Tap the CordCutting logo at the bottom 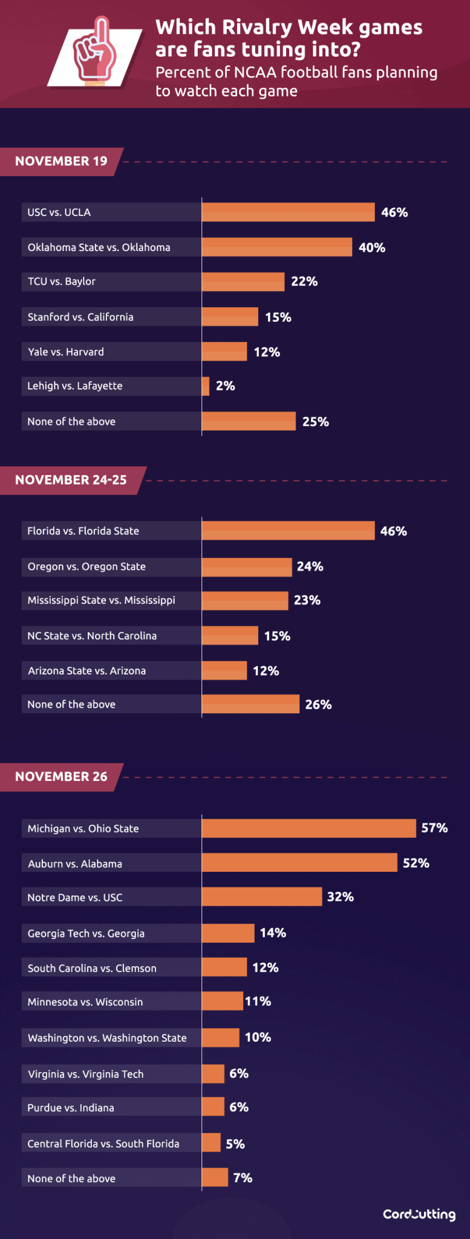click(x=419, y=1214)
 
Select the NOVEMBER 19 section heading click(x=61, y=162)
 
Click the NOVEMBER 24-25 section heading click(x=71, y=480)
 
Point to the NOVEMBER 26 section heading click(x=61, y=777)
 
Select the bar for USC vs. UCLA click(x=288, y=212)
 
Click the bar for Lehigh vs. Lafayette click(x=206, y=386)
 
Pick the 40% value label click(x=372, y=247)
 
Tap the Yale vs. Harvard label click(x=66, y=352)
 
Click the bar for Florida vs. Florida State click(x=288, y=531)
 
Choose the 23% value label click(x=307, y=600)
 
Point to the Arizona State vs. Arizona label click(x=87, y=671)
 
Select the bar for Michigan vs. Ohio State click(x=308, y=828)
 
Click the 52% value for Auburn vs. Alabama click(x=416, y=863)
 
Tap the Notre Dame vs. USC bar click(x=261, y=897)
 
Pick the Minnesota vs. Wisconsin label click(x=85, y=1002)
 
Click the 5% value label click(x=235, y=1144)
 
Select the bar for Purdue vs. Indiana click(x=213, y=1107)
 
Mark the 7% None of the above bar click(x=215, y=1178)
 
